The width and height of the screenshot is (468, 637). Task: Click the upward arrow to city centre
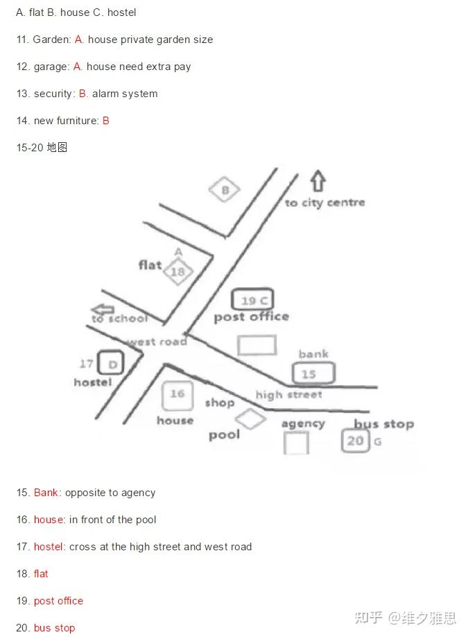318,181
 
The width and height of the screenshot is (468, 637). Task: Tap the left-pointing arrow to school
103,309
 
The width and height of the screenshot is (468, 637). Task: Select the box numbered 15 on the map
314,373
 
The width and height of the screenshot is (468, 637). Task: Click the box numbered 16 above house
177,396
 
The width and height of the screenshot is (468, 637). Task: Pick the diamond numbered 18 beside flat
178,271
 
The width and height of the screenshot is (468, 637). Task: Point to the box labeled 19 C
252,300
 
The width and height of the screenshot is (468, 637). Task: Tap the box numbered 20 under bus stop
356,441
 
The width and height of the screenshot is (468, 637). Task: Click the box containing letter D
111,363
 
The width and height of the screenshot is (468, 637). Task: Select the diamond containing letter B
225,189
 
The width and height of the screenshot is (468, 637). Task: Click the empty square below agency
296,443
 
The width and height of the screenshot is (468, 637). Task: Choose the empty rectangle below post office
257,345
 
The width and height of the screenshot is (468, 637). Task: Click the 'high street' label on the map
289,394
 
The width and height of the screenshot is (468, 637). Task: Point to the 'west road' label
157,341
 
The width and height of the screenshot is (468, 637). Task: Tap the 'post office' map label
252,317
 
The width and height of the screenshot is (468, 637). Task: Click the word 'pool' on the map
224,435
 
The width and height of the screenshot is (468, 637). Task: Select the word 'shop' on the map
220,402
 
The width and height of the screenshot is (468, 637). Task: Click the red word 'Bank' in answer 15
46,493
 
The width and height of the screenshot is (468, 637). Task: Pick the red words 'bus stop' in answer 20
54,628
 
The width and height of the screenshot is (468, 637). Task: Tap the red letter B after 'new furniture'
106,121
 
